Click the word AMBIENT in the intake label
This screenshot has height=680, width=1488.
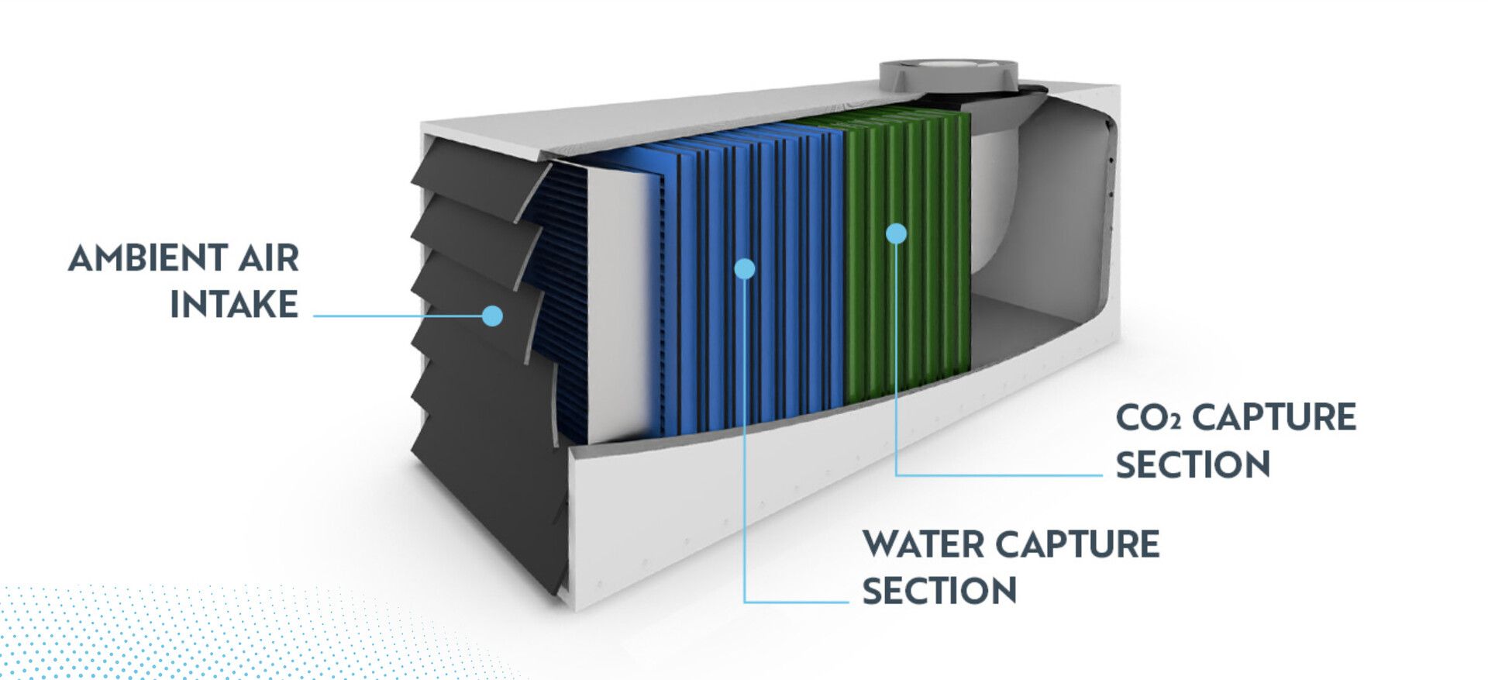pos(147,258)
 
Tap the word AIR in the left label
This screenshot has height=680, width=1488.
pos(268,258)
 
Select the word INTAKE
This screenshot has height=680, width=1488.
pos(234,304)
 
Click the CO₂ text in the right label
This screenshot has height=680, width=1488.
pos(1148,419)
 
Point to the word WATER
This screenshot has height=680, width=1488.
pos(923,544)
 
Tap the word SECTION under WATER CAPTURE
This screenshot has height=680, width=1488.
pos(939,591)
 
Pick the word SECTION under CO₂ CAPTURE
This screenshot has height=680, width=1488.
pos(1193,464)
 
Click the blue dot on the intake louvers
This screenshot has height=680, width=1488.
pos(492,316)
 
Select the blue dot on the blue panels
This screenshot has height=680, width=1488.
pos(744,268)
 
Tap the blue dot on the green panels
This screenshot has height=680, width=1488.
pos(896,233)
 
